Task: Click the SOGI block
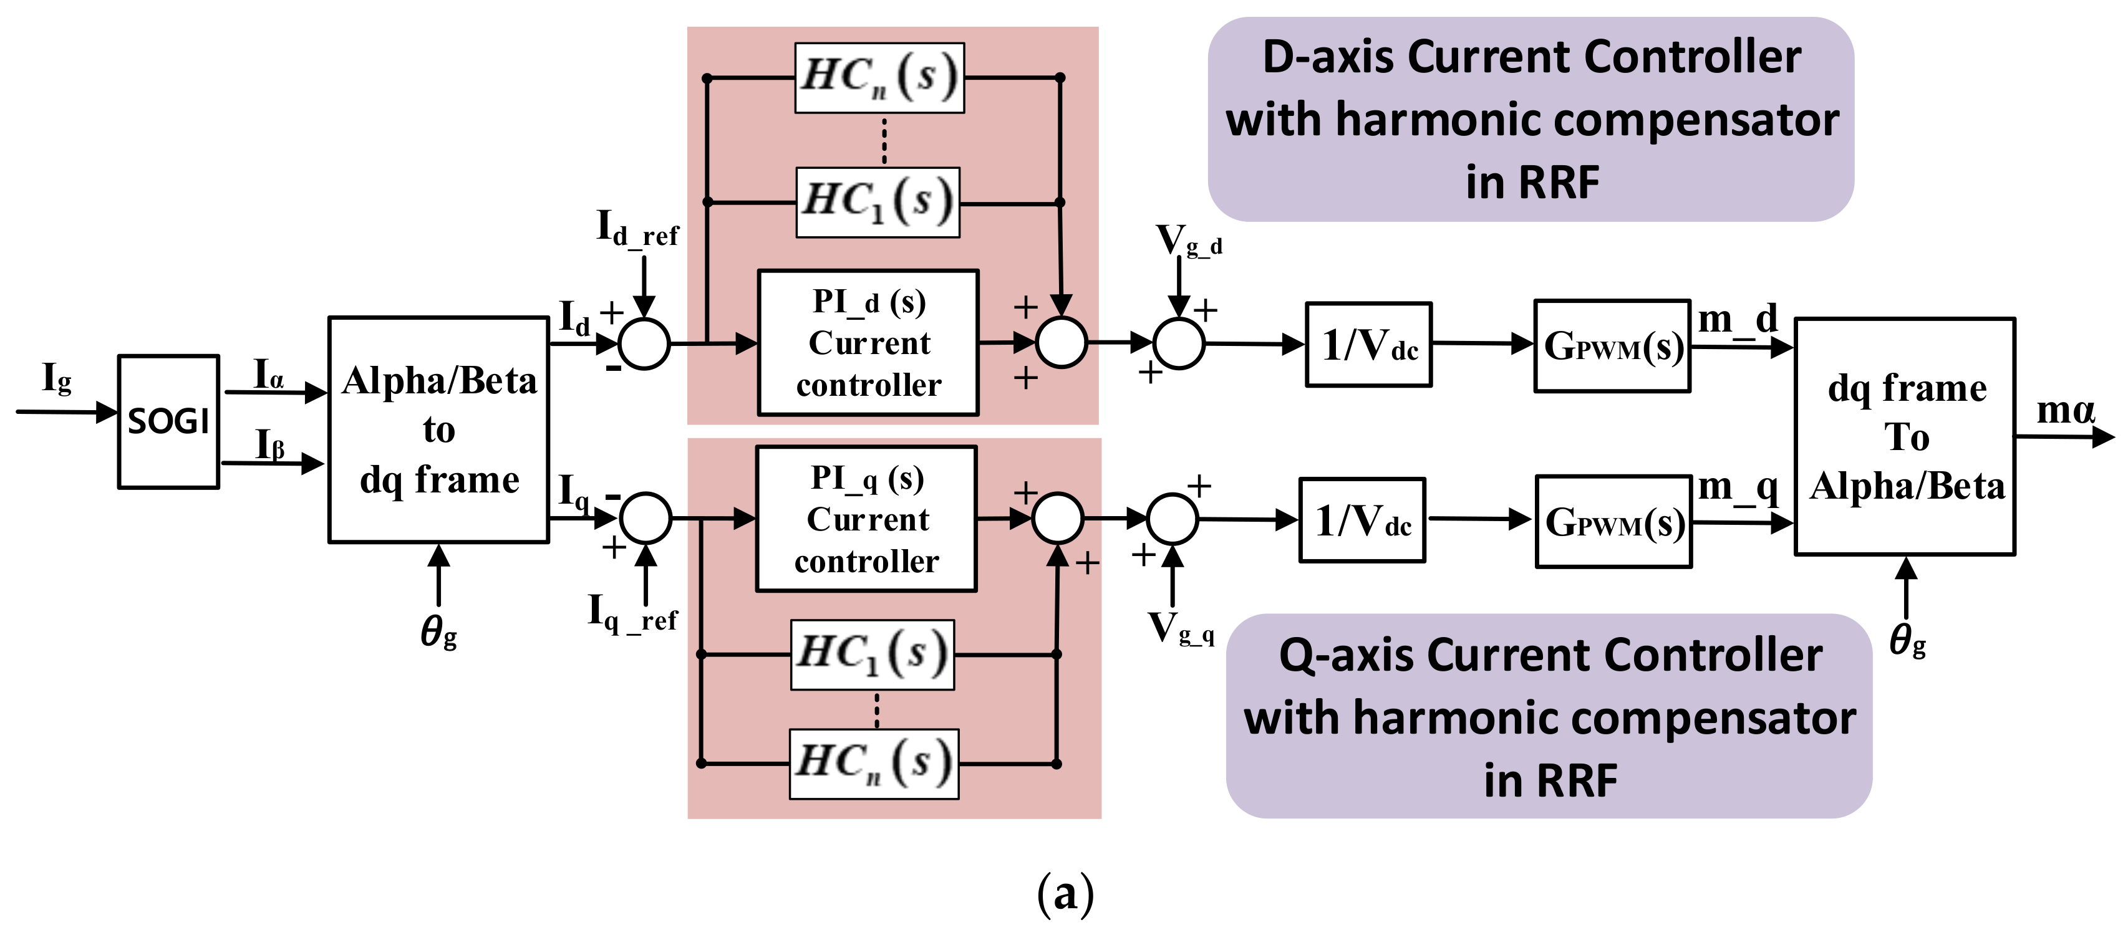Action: (168, 421)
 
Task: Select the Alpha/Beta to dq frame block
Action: (438, 429)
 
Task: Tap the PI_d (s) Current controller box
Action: (868, 343)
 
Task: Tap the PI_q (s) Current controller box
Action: (866, 519)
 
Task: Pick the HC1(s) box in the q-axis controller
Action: (873, 654)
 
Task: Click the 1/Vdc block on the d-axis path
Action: (1369, 345)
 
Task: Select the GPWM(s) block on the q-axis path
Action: (1613, 521)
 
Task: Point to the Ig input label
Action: (56, 378)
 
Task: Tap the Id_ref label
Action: (637, 229)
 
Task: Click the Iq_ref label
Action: (632, 614)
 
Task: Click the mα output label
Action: (2065, 409)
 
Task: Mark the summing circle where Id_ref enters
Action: (644, 343)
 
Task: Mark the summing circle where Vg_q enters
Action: (1173, 519)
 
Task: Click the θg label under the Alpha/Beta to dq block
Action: (438, 633)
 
